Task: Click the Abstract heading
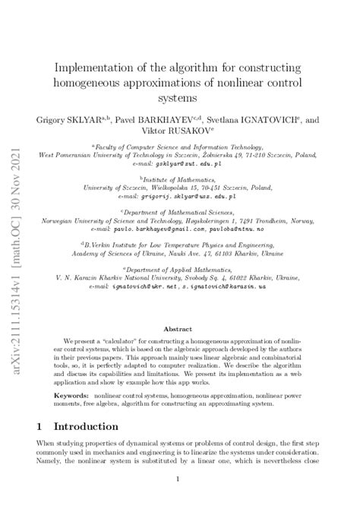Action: click(x=180, y=330)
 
